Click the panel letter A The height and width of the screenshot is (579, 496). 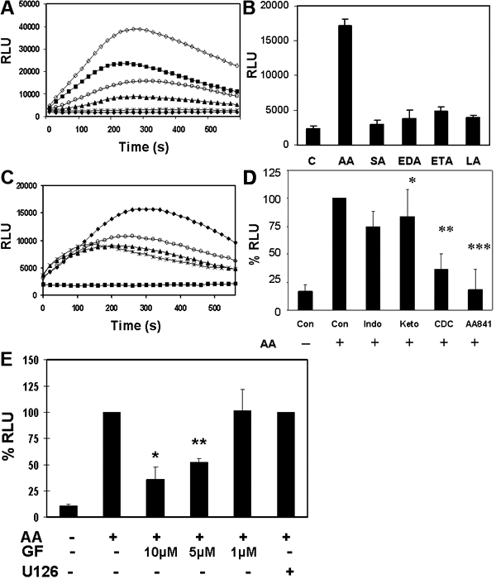(x=7, y=9)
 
